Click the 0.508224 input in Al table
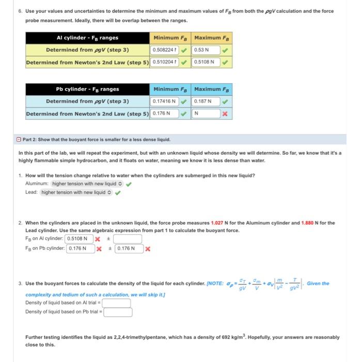tap(164, 50)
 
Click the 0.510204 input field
tap(164, 62)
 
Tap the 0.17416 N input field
tap(164, 101)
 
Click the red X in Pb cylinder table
tap(225, 113)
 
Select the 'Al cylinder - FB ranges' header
tap(87, 38)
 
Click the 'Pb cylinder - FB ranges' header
tap(87, 89)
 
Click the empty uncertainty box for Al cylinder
tap(128, 239)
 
